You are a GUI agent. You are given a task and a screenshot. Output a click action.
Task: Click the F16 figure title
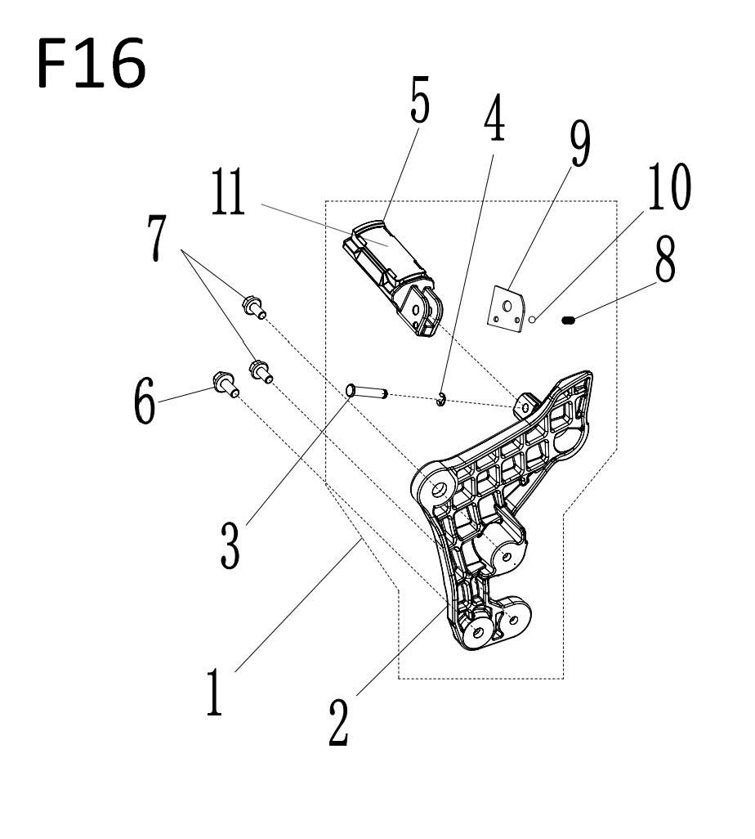[92, 63]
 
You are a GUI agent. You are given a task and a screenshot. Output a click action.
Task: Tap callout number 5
[420, 100]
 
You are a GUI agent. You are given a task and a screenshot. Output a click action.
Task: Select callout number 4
[494, 118]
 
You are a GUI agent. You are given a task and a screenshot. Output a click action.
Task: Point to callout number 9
[580, 143]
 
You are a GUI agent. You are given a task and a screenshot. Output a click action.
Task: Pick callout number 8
[665, 259]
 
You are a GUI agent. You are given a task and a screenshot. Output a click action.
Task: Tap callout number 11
[228, 191]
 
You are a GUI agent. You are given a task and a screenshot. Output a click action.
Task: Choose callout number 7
[157, 238]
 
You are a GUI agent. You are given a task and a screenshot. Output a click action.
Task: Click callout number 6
[145, 400]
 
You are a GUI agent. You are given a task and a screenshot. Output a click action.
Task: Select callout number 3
[230, 545]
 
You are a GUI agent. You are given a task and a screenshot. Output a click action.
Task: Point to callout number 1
[214, 691]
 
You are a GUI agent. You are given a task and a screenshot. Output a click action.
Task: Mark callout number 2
[338, 722]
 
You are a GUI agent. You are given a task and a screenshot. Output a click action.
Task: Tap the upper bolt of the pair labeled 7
[254, 307]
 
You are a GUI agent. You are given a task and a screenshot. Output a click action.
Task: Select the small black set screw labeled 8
[569, 320]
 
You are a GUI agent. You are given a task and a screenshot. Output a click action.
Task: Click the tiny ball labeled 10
[532, 320]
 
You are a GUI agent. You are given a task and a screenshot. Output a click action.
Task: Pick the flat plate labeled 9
[506, 309]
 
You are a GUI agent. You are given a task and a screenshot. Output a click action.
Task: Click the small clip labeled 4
[440, 399]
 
